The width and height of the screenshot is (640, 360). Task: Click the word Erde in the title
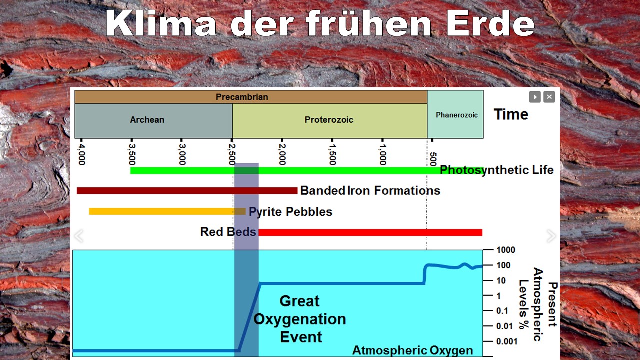point(490,24)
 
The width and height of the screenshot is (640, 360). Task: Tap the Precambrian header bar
point(251,97)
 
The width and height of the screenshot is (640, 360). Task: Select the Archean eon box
point(153,121)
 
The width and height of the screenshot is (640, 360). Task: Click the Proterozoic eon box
point(330,121)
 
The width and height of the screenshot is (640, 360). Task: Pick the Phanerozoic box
point(455,114)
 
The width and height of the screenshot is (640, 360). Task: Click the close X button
point(549,97)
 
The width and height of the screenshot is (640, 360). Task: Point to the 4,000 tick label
point(82,154)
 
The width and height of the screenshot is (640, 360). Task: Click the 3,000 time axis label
point(182,154)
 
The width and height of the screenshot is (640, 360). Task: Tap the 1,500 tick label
point(332,154)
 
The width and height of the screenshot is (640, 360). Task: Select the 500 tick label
point(433,159)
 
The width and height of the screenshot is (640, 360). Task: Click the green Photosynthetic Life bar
point(285,171)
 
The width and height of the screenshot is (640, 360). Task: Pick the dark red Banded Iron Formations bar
point(187,191)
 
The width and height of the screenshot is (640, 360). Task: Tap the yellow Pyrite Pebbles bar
point(167,211)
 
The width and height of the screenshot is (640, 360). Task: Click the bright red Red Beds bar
point(370,232)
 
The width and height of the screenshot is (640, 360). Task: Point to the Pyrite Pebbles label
point(291,212)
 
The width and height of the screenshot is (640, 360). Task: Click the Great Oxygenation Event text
point(300,319)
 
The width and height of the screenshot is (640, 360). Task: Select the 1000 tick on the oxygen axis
point(506,250)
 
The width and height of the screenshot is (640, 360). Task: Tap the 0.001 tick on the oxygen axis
point(507,341)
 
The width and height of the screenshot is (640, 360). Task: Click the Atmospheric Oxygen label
point(413,350)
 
